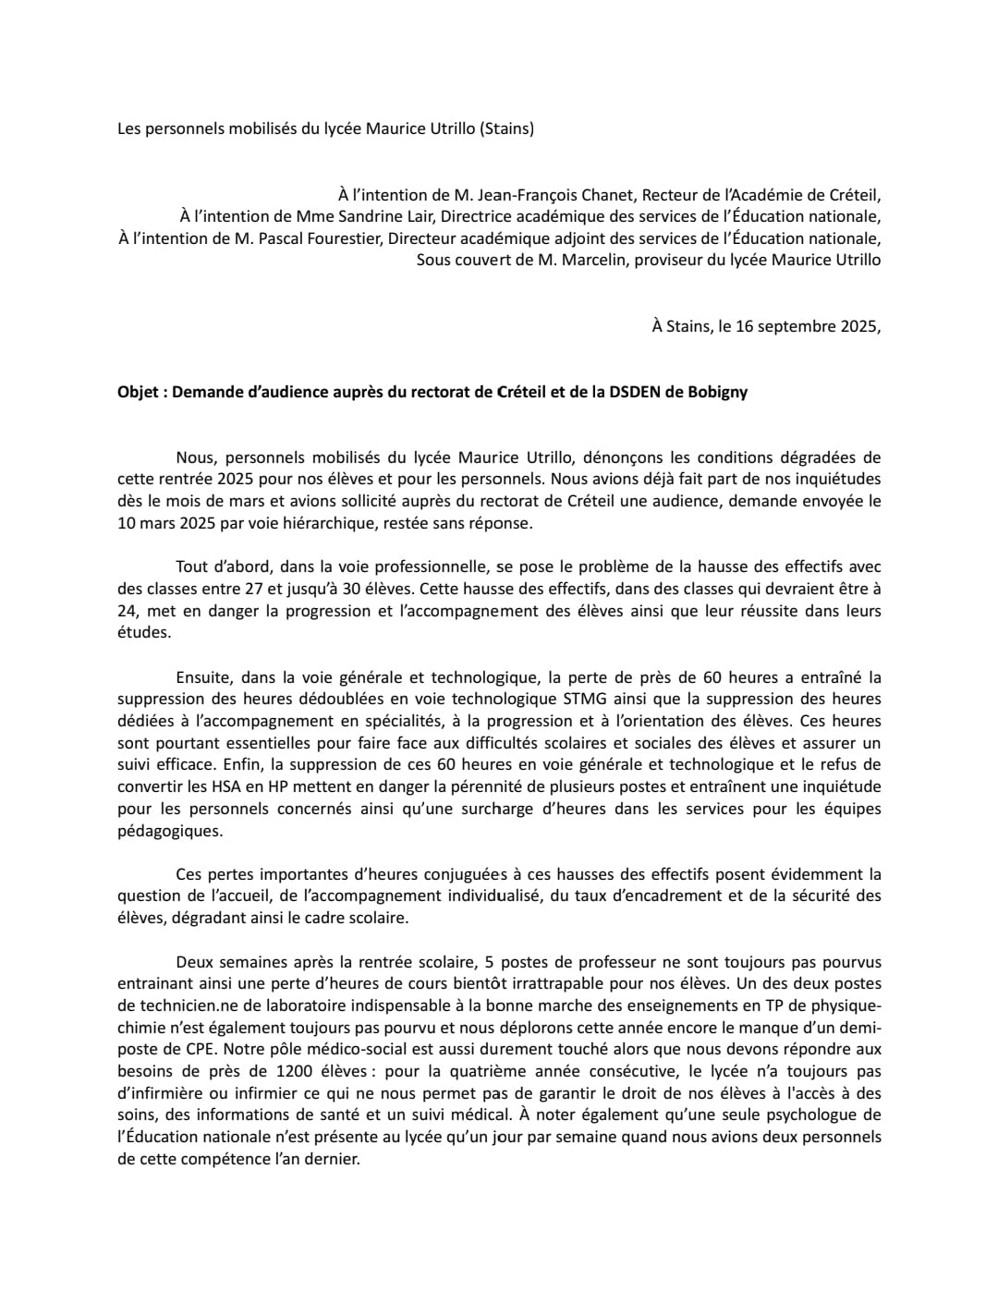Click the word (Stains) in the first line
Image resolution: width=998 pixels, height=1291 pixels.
click(x=506, y=129)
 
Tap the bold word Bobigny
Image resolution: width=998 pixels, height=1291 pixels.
click(x=718, y=392)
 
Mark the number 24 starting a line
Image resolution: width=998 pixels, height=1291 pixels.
click(x=127, y=611)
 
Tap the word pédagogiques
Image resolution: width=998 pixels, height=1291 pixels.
click(x=157, y=831)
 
